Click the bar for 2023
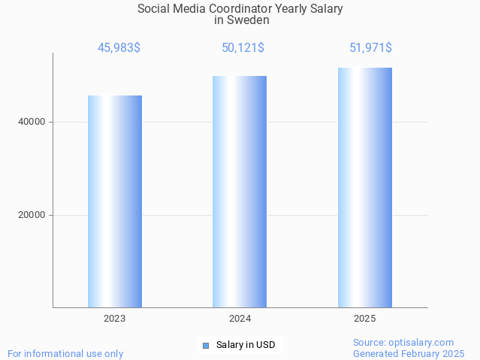[115, 201]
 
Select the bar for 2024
[240, 192]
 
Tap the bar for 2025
[364, 188]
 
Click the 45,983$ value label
[119, 48]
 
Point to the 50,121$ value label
[243, 48]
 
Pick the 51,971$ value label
[370, 48]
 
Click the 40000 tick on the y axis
[31, 122]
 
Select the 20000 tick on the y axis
[31, 215]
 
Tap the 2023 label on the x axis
[115, 319]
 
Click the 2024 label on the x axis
[240, 319]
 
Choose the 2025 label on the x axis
[364, 319]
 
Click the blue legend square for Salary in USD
[205, 346]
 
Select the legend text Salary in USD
[246, 346]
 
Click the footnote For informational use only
[65, 353]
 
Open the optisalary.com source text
[403, 342]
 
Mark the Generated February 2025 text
[409, 353]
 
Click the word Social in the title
[154, 9]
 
